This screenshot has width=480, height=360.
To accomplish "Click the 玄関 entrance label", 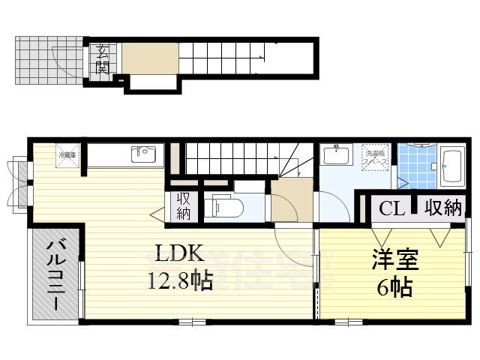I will [x=103, y=59].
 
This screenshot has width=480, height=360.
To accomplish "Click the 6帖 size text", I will [x=394, y=287].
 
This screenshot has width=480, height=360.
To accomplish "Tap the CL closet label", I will [x=392, y=208].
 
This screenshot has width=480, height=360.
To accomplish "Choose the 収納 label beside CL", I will [x=442, y=208].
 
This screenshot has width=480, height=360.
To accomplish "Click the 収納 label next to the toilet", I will [x=184, y=205].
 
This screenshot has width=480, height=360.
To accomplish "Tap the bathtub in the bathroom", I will [x=452, y=166].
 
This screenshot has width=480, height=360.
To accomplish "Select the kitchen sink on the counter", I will [x=142, y=154].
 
